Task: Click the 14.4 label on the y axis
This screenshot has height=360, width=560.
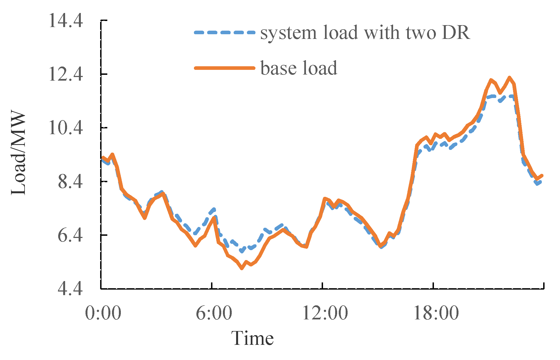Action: tap(65, 21)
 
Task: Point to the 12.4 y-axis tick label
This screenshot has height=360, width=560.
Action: tap(65, 74)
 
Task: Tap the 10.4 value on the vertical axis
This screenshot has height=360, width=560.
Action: tap(65, 128)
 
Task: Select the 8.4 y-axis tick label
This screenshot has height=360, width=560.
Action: tap(70, 182)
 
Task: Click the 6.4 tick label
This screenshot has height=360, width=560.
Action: tap(70, 235)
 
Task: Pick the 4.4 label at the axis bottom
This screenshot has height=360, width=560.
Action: tap(70, 289)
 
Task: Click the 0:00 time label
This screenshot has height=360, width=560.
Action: tap(103, 313)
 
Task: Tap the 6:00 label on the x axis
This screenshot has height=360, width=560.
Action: tap(214, 313)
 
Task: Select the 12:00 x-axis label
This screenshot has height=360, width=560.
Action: tap(325, 313)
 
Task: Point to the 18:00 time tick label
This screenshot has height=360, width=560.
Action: tap(436, 313)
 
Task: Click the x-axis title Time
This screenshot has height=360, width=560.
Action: tap(252, 338)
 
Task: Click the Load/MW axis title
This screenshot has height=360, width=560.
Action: tap(19, 153)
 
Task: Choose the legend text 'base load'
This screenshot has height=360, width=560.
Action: tap(299, 68)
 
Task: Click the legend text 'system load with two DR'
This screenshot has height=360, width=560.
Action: tap(365, 33)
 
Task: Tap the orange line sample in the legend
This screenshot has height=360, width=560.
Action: tap(224, 68)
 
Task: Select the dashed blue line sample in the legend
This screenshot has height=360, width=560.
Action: tap(224, 33)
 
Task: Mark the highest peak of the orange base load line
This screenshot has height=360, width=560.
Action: tap(509, 78)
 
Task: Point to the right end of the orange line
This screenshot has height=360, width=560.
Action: tap(542, 176)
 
